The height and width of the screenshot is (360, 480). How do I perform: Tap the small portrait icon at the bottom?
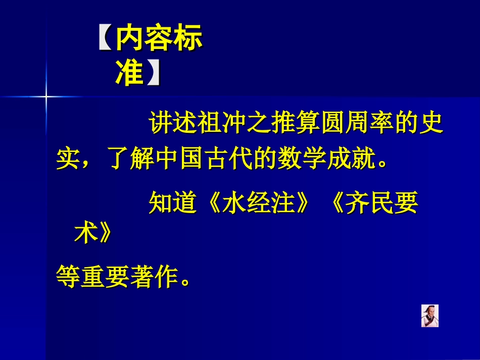[x=430, y=316]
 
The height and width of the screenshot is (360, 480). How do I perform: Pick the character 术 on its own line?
[x=83, y=234]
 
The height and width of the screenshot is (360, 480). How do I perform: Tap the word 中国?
[x=184, y=160]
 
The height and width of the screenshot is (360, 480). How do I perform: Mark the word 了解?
[x=129, y=160]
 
